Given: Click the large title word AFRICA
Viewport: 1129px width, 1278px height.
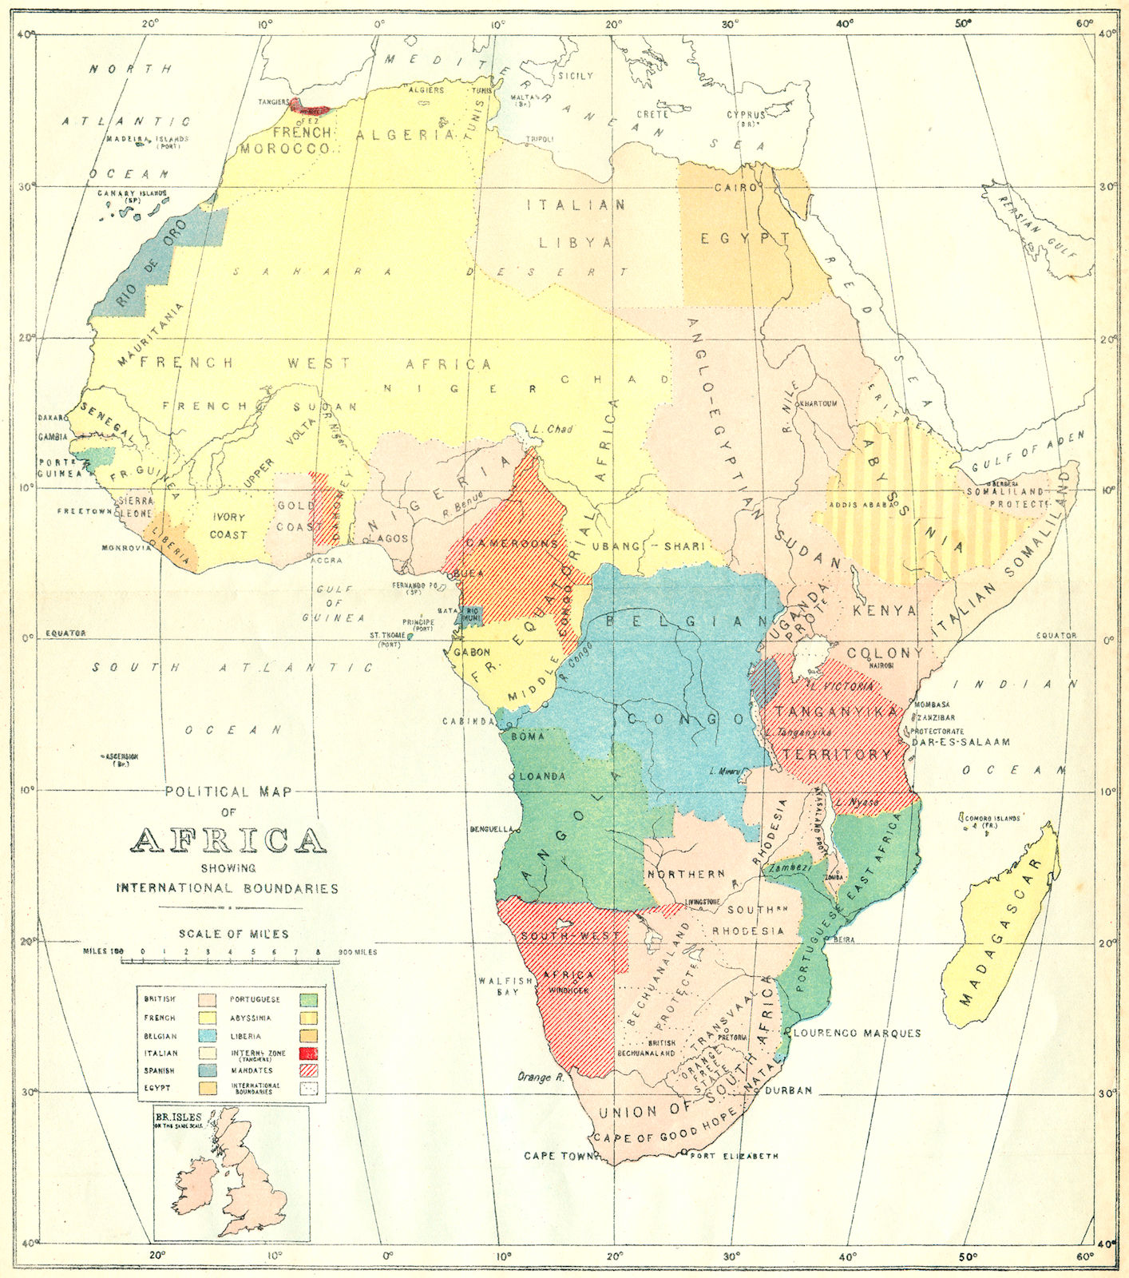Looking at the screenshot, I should (228, 840).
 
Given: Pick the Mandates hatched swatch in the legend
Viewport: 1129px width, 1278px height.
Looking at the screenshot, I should (308, 1070).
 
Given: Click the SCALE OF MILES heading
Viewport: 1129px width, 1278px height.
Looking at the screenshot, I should (233, 934).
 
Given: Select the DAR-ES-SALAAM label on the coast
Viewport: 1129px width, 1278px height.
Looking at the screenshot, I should (960, 741).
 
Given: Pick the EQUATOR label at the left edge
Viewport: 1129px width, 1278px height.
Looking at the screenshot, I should (65, 633).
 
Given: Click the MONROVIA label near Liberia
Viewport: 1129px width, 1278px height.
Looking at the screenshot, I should (125, 549).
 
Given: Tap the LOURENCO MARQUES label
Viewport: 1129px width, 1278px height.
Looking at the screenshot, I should (858, 1033).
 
